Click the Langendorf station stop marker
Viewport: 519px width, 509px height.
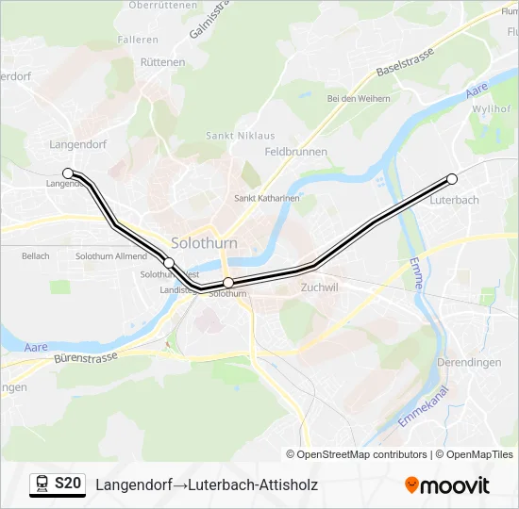pyautogui.click(x=68, y=172)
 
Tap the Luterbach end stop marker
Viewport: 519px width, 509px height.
pyautogui.click(x=452, y=179)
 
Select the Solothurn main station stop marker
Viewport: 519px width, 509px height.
pyautogui.click(x=228, y=283)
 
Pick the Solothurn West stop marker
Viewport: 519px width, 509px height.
pyautogui.click(x=169, y=263)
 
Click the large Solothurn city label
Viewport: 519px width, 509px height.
pyautogui.click(x=204, y=242)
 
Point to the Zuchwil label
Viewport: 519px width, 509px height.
pyautogui.click(x=318, y=287)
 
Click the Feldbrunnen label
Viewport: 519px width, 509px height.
pyautogui.click(x=295, y=152)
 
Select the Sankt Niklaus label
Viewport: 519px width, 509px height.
pyautogui.click(x=233, y=136)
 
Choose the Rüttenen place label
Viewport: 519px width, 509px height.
pyautogui.click(x=162, y=62)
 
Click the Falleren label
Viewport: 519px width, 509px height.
pyautogui.click(x=138, y=40)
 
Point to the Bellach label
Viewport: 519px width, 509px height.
pyautogui.click(x=35, y=256)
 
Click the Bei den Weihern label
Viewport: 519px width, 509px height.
pyautogui.click(x=359, y=98)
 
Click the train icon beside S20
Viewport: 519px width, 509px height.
pyautogui.click(x=42, y=484)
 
